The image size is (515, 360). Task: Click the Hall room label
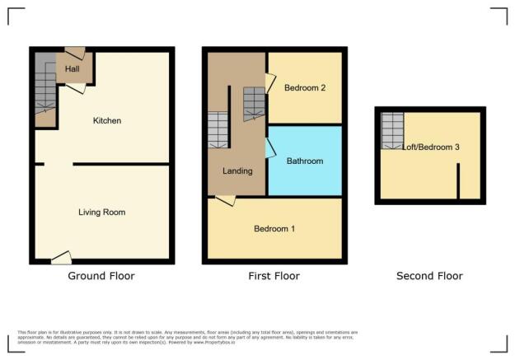(73, 70)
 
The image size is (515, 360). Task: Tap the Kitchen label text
(107, 121)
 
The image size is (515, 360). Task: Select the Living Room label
(101, 213)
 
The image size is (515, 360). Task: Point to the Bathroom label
(304, 161)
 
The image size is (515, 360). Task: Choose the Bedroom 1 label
(274, 228)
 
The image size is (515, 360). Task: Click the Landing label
(237, 171)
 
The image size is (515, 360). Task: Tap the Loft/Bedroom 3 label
(431, 147)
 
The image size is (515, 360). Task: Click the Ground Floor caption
(101, 276)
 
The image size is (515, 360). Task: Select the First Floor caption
(274, 276)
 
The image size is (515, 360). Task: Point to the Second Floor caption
(429, 276)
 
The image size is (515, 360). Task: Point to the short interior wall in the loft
(459, 180)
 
